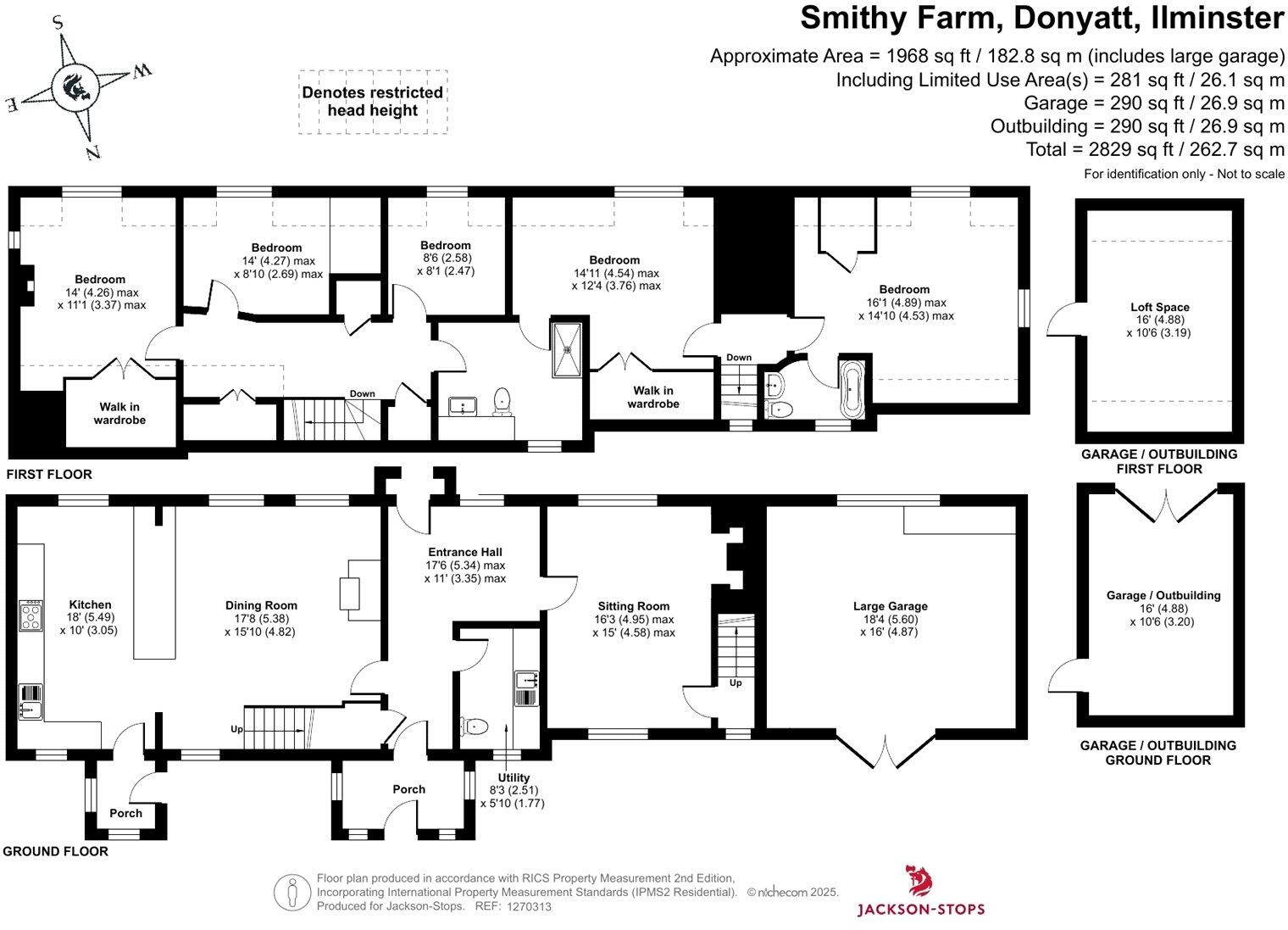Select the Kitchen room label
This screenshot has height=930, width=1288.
click(x=89, y=604)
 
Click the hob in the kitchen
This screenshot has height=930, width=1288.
click(x=31, y=615)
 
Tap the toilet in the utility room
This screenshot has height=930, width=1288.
click(x=475, y=727)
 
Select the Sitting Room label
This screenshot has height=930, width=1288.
click(x=633, y=605)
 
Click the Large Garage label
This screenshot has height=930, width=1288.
click(x=890, y=605)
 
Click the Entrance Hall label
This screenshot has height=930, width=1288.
click(x=464, y=552)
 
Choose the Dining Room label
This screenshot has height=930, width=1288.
click(x=260, y=604)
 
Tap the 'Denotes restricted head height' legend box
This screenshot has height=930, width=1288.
click(x=372, y=102)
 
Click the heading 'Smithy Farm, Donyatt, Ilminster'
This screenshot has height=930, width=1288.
click(x=1041, y=18)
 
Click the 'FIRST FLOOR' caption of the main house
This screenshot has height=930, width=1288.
click(x=49, y=475)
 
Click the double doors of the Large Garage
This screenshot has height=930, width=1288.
click(x=885, y=748)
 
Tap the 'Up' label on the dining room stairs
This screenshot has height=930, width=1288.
click(x=236, y=729)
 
